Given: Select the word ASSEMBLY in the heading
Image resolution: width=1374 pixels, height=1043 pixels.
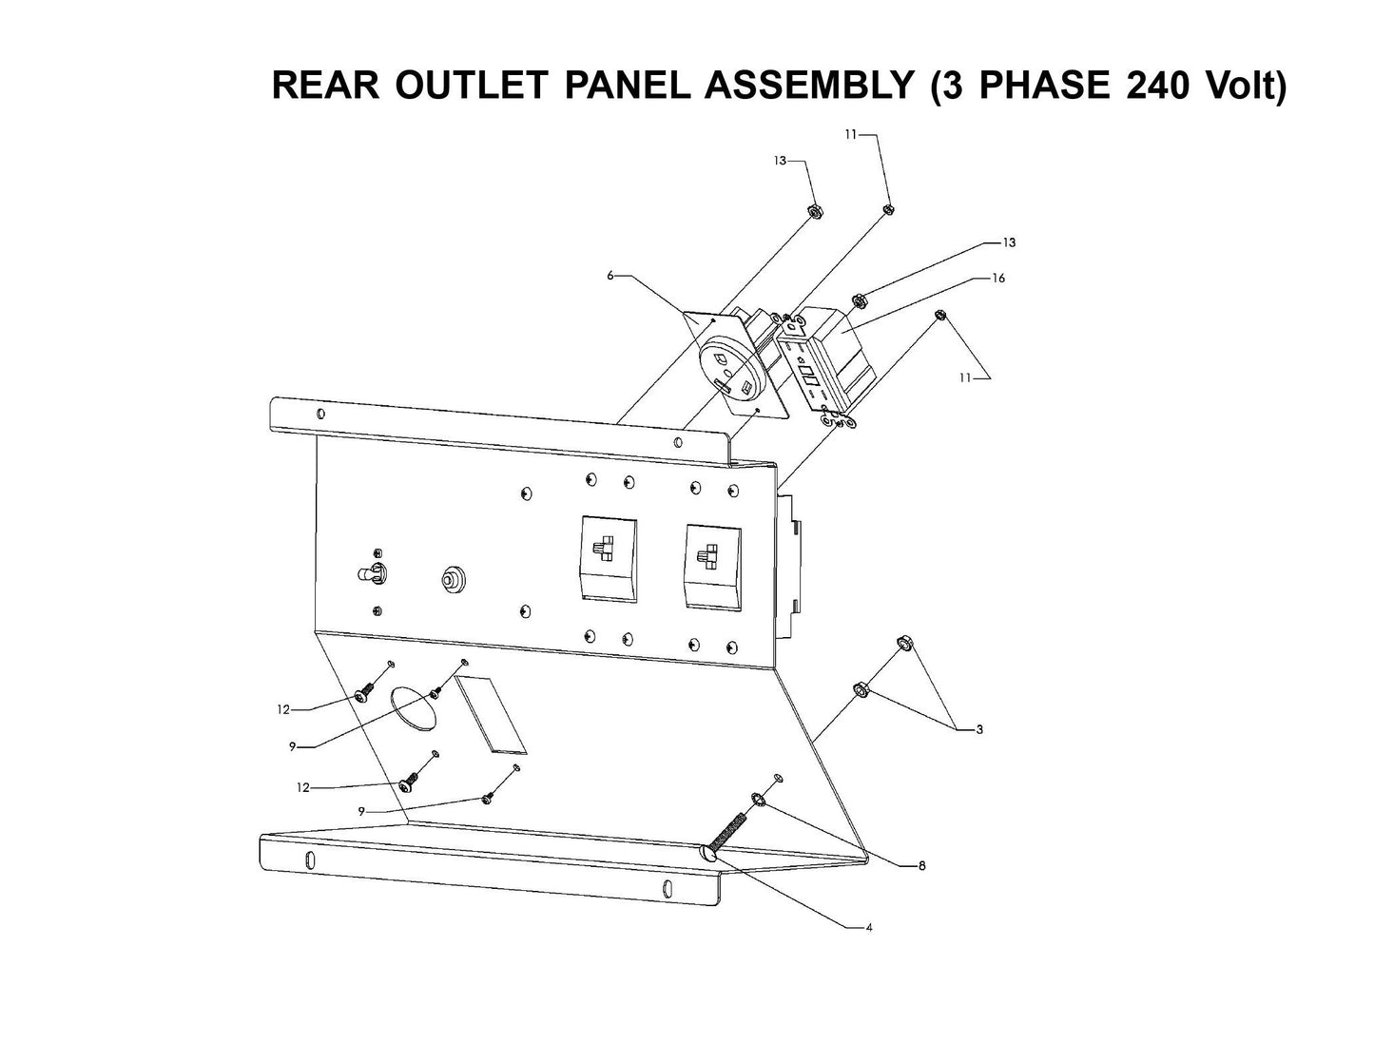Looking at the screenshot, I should [x=809, y=86].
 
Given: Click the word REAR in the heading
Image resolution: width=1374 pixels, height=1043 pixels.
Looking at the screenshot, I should [x=326, y=86].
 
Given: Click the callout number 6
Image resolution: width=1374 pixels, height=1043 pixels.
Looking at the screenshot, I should [x=611, y=277].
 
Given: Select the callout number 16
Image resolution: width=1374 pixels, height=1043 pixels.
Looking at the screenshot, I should [x=997, y=279].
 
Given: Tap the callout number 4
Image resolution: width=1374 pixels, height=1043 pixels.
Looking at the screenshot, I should [x=868, y=927].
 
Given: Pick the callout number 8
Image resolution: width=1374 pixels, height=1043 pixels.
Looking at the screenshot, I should [x=921, y=866].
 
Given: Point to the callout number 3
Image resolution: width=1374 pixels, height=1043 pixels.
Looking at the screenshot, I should [x=978, y=730].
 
